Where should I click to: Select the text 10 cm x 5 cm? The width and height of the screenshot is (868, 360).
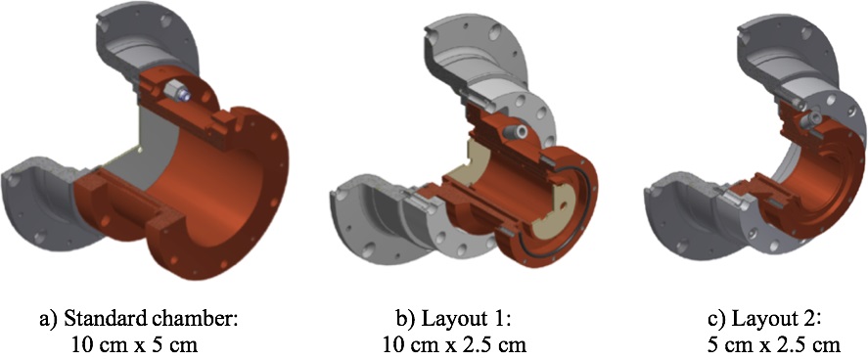(134, 345)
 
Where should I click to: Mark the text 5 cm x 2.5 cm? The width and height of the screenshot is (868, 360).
(774, 345)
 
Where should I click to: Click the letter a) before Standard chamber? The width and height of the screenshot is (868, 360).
(49, 321)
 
